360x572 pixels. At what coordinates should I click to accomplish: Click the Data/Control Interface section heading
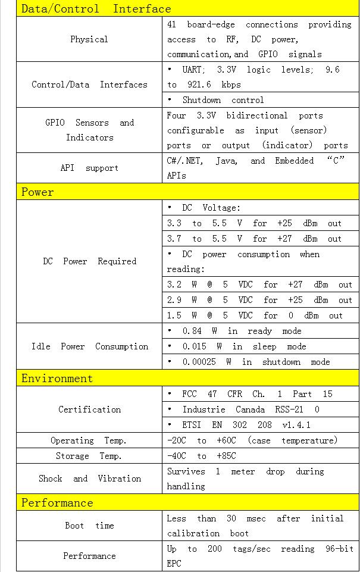[96, 8]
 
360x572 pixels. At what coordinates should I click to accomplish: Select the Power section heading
[37, 192]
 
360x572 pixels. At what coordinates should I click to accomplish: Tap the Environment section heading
[57, 378]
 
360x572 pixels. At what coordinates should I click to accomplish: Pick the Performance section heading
[57, 502]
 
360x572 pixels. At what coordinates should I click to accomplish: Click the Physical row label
[89, 39]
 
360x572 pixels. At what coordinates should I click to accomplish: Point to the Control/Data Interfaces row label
[89, 85]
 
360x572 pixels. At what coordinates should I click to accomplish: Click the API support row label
[89, 168]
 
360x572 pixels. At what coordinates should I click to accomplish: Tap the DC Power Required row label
[89, 261]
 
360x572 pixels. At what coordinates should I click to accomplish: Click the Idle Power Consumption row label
[89, 346]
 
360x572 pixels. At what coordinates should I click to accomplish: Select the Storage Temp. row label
[89, 456]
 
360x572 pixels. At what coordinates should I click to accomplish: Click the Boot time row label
[89, 526]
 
